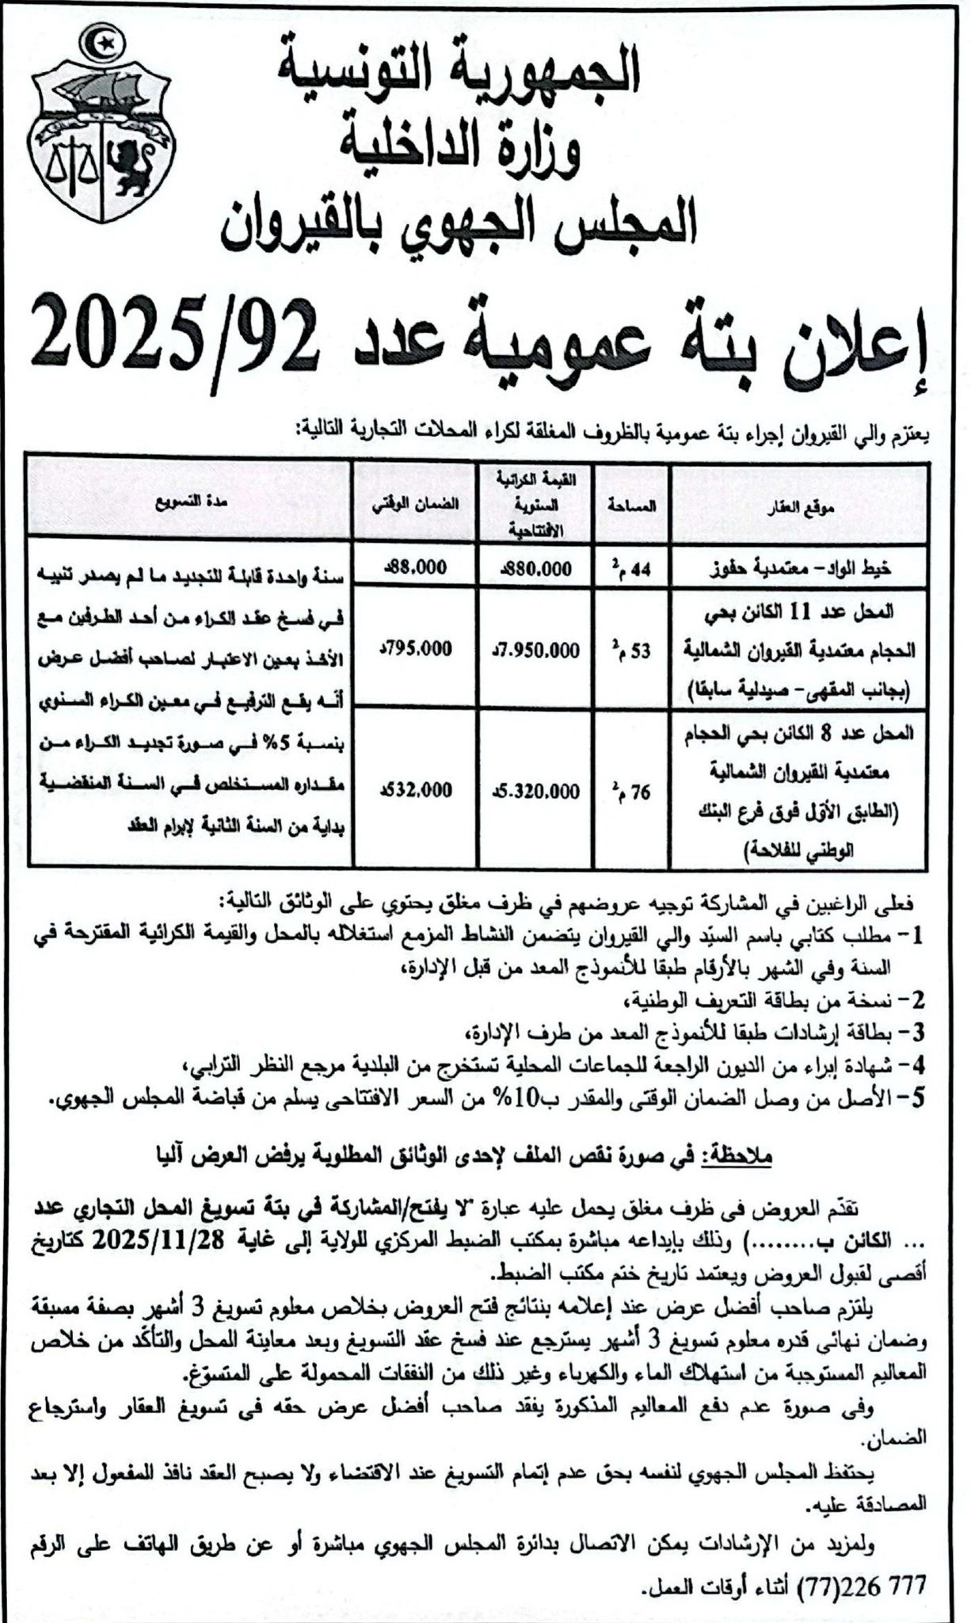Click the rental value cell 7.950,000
[535, 651]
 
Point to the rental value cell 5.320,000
[535, 792]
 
